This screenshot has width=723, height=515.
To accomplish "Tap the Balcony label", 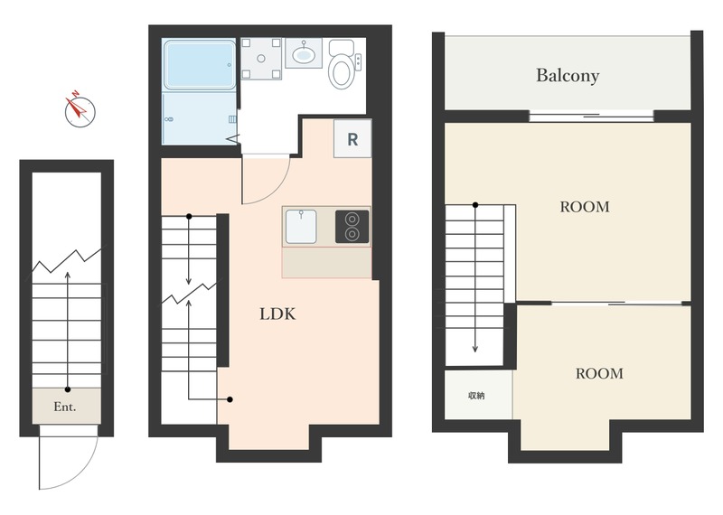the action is click(568, 75).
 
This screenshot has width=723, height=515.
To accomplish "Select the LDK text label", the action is click(277, 314).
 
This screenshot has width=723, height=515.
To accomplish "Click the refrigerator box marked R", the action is click(352, 139).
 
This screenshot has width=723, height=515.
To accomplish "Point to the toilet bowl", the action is click(342, 70).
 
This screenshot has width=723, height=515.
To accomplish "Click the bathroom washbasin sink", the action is click(304, 53).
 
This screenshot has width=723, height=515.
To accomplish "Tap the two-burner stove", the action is click(352, 227).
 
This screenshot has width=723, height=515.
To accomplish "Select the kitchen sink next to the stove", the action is click(301, 227).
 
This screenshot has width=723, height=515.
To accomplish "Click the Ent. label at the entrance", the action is click(65, 407).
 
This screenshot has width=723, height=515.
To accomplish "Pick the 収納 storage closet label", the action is click(476, 396).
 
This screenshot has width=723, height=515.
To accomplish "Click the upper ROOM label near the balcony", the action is click(585, 207).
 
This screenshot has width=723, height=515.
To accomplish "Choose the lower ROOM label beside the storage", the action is click(599, 373).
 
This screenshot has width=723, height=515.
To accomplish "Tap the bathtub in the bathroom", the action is click(200, 64).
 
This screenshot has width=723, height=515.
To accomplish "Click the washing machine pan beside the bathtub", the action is click(261, 59).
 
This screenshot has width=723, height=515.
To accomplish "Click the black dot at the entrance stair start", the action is click(68, 389).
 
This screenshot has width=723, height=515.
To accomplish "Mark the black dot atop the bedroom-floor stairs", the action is click(475, 205).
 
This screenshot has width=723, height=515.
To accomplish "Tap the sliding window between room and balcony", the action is click(591, 116).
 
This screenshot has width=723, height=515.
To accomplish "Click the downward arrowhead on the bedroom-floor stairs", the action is click(475, 349).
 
